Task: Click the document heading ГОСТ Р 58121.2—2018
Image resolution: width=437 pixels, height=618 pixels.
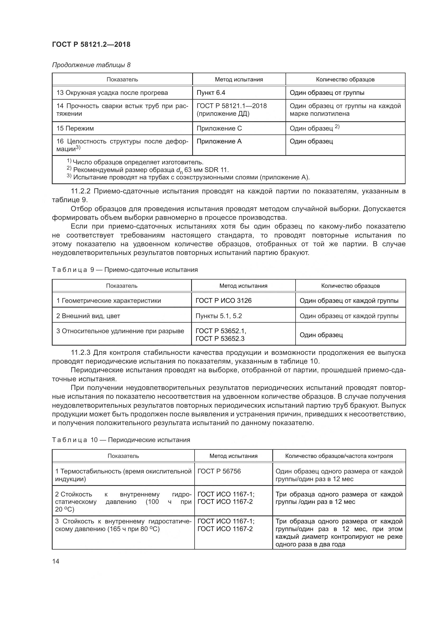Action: (91, 44)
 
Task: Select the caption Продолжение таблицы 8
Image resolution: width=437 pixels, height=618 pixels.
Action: (91, 65)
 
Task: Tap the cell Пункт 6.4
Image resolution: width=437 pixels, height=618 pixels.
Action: (211, 92)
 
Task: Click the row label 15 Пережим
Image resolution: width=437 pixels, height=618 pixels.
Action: (75, 128)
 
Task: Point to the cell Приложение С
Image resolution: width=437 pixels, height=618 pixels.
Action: (219, 128)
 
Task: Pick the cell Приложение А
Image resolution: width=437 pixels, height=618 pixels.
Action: (219, 141)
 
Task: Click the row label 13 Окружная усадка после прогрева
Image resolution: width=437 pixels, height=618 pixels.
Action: (112, 92)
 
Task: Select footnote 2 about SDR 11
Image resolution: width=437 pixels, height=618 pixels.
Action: (148, 170)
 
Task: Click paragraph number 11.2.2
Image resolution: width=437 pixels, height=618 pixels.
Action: (81, 191)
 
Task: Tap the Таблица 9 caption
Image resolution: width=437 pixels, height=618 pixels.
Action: (125, 270)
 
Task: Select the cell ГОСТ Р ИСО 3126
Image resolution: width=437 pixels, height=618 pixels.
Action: (223, 300)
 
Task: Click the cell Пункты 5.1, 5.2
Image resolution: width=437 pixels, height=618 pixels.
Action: (219, 316)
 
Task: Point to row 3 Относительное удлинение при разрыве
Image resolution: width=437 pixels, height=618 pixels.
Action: (120, 331)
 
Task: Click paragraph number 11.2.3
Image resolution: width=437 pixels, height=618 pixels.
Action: (81, 352)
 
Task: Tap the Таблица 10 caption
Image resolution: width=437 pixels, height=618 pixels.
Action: (121, 440)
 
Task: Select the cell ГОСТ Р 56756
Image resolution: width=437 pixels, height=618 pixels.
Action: (219, 471)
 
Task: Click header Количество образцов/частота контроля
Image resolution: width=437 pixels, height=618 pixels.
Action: (339, 456)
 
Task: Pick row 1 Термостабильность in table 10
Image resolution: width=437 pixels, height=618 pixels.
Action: (123, 475)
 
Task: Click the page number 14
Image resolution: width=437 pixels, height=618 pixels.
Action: (56, 561)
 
